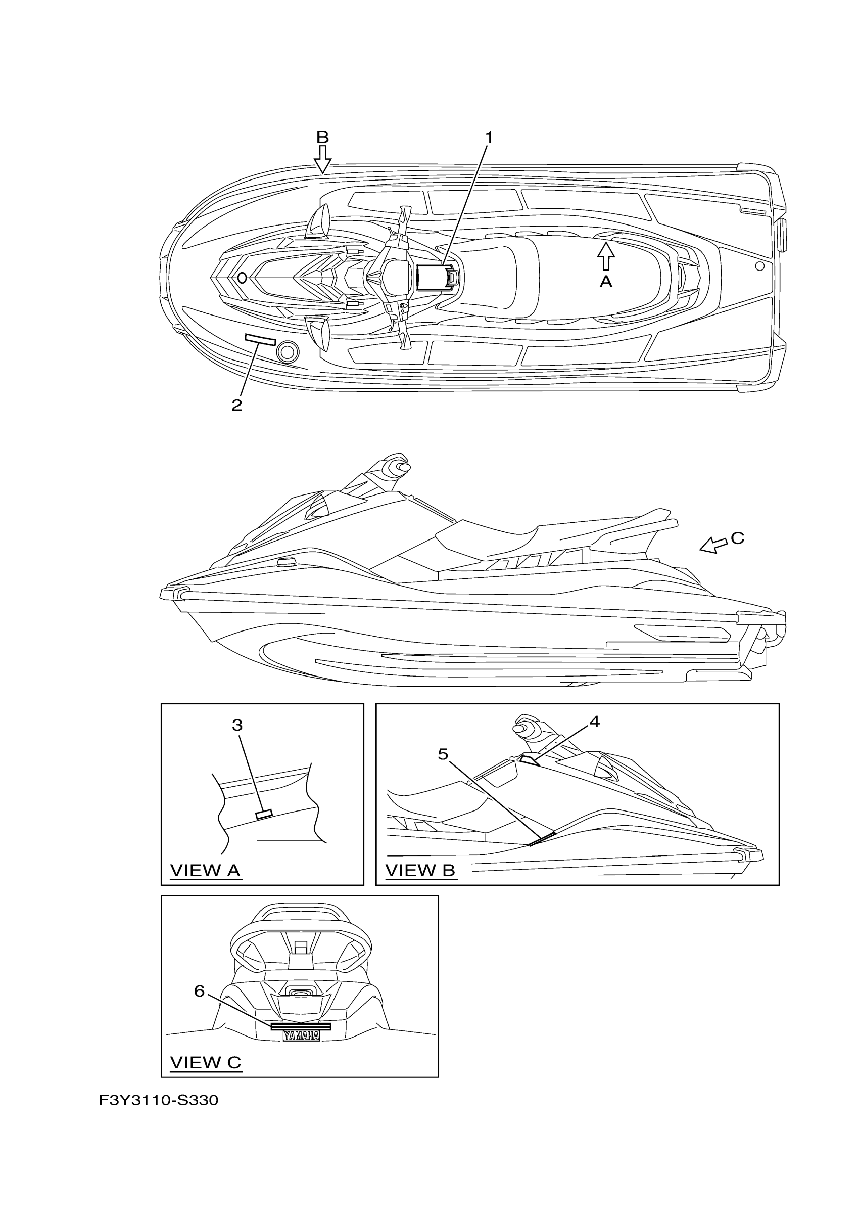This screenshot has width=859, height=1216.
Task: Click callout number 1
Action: (489, 138)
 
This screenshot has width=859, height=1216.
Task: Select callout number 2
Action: (236, 406)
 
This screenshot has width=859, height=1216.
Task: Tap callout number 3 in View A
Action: (237, 726)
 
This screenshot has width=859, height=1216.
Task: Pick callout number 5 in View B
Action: (444, 754)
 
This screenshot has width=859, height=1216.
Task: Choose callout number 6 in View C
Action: (200, 991)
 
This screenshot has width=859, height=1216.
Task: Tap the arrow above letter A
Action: (606, 256)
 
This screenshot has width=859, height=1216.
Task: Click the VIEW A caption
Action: (205, 870)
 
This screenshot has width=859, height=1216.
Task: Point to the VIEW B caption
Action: (420, 870)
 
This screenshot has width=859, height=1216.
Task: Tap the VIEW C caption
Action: (205, 1062)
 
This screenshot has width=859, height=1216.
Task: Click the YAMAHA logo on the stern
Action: (301, 1036)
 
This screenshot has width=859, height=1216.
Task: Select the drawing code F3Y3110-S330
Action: (158, 1101)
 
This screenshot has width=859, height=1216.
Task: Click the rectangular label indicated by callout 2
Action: (260, 339)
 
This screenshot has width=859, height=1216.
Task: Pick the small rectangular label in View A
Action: (264, 814)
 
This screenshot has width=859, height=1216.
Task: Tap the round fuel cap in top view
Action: (288, 350)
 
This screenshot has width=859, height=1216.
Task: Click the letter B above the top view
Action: (322, 138)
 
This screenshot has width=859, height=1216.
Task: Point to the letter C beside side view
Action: (737, 538)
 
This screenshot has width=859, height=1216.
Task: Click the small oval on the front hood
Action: (242, 278)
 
